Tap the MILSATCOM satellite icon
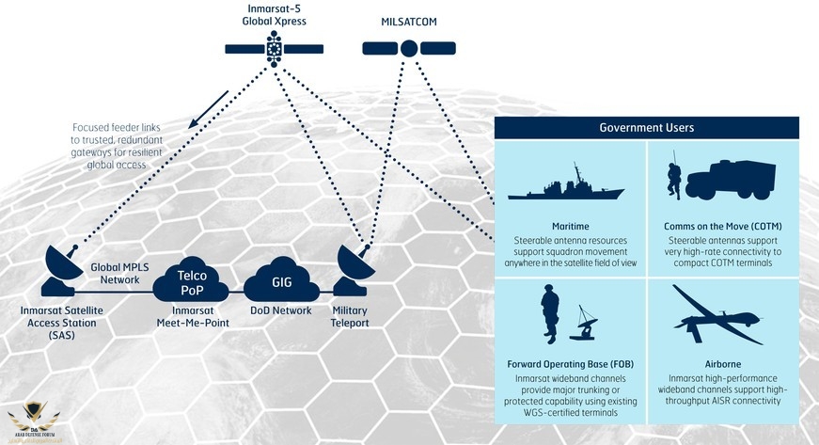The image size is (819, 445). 408,47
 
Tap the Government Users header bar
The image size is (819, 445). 646,127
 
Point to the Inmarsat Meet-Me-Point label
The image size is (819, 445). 192,317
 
